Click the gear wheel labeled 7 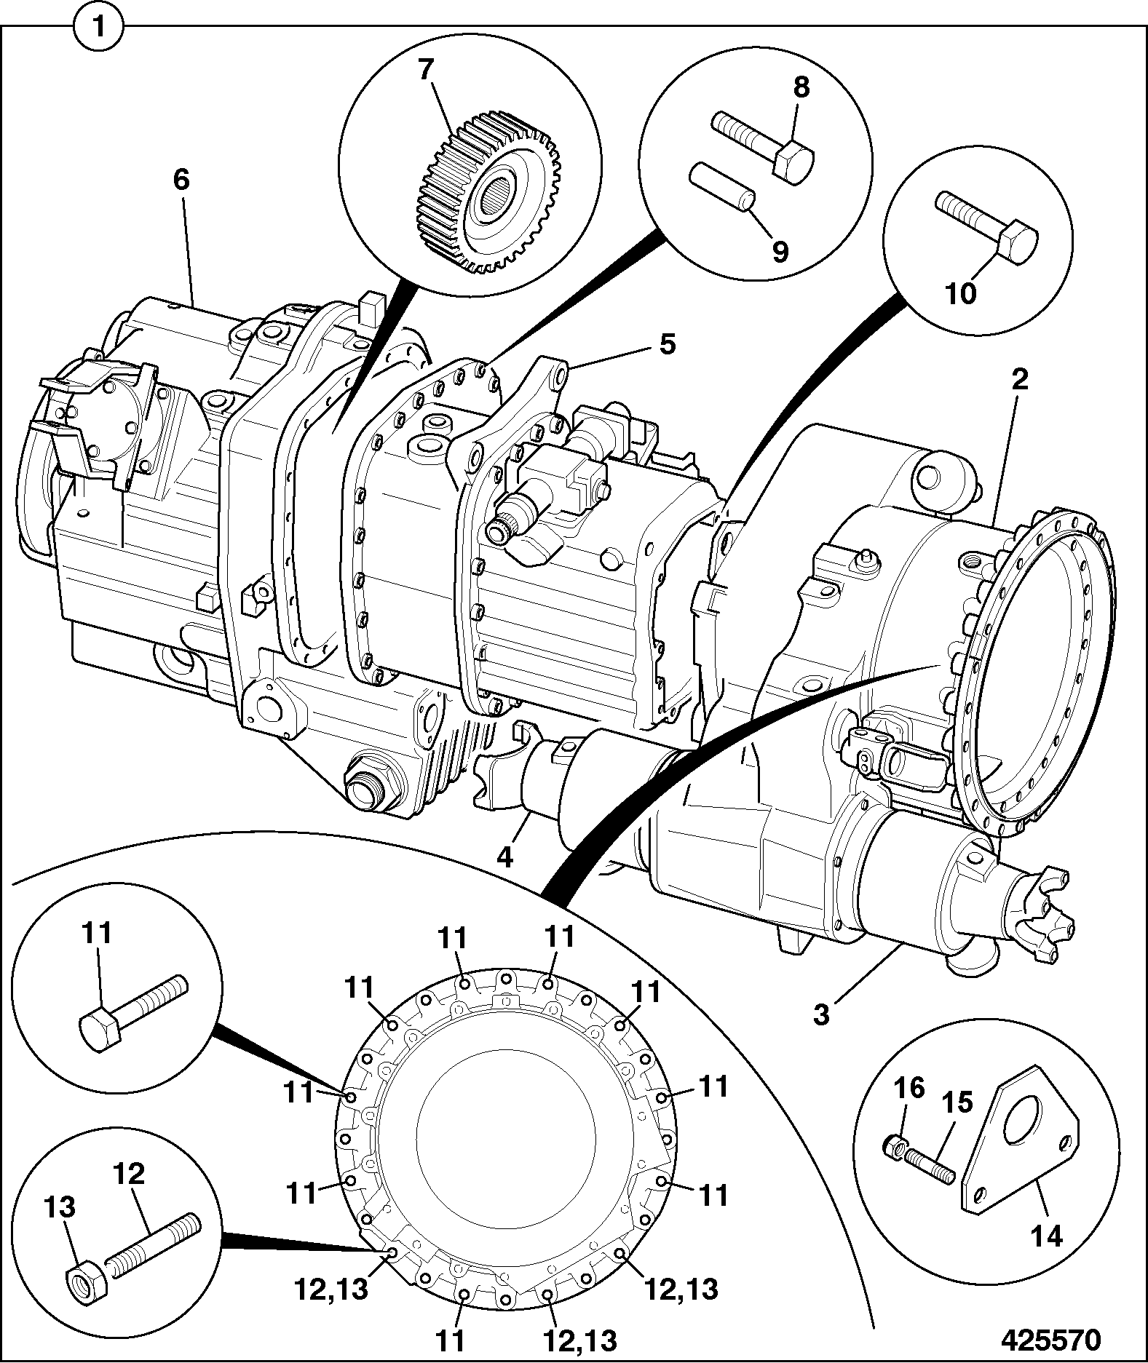pos(486,191)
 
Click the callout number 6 pos(181,179)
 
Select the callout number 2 pos(1020,378)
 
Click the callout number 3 pos(821,1014)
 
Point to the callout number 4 pos(504,856)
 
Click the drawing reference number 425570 pos(1050,1340)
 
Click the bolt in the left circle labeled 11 pos(132,1009)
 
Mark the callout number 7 pos(426,71)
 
